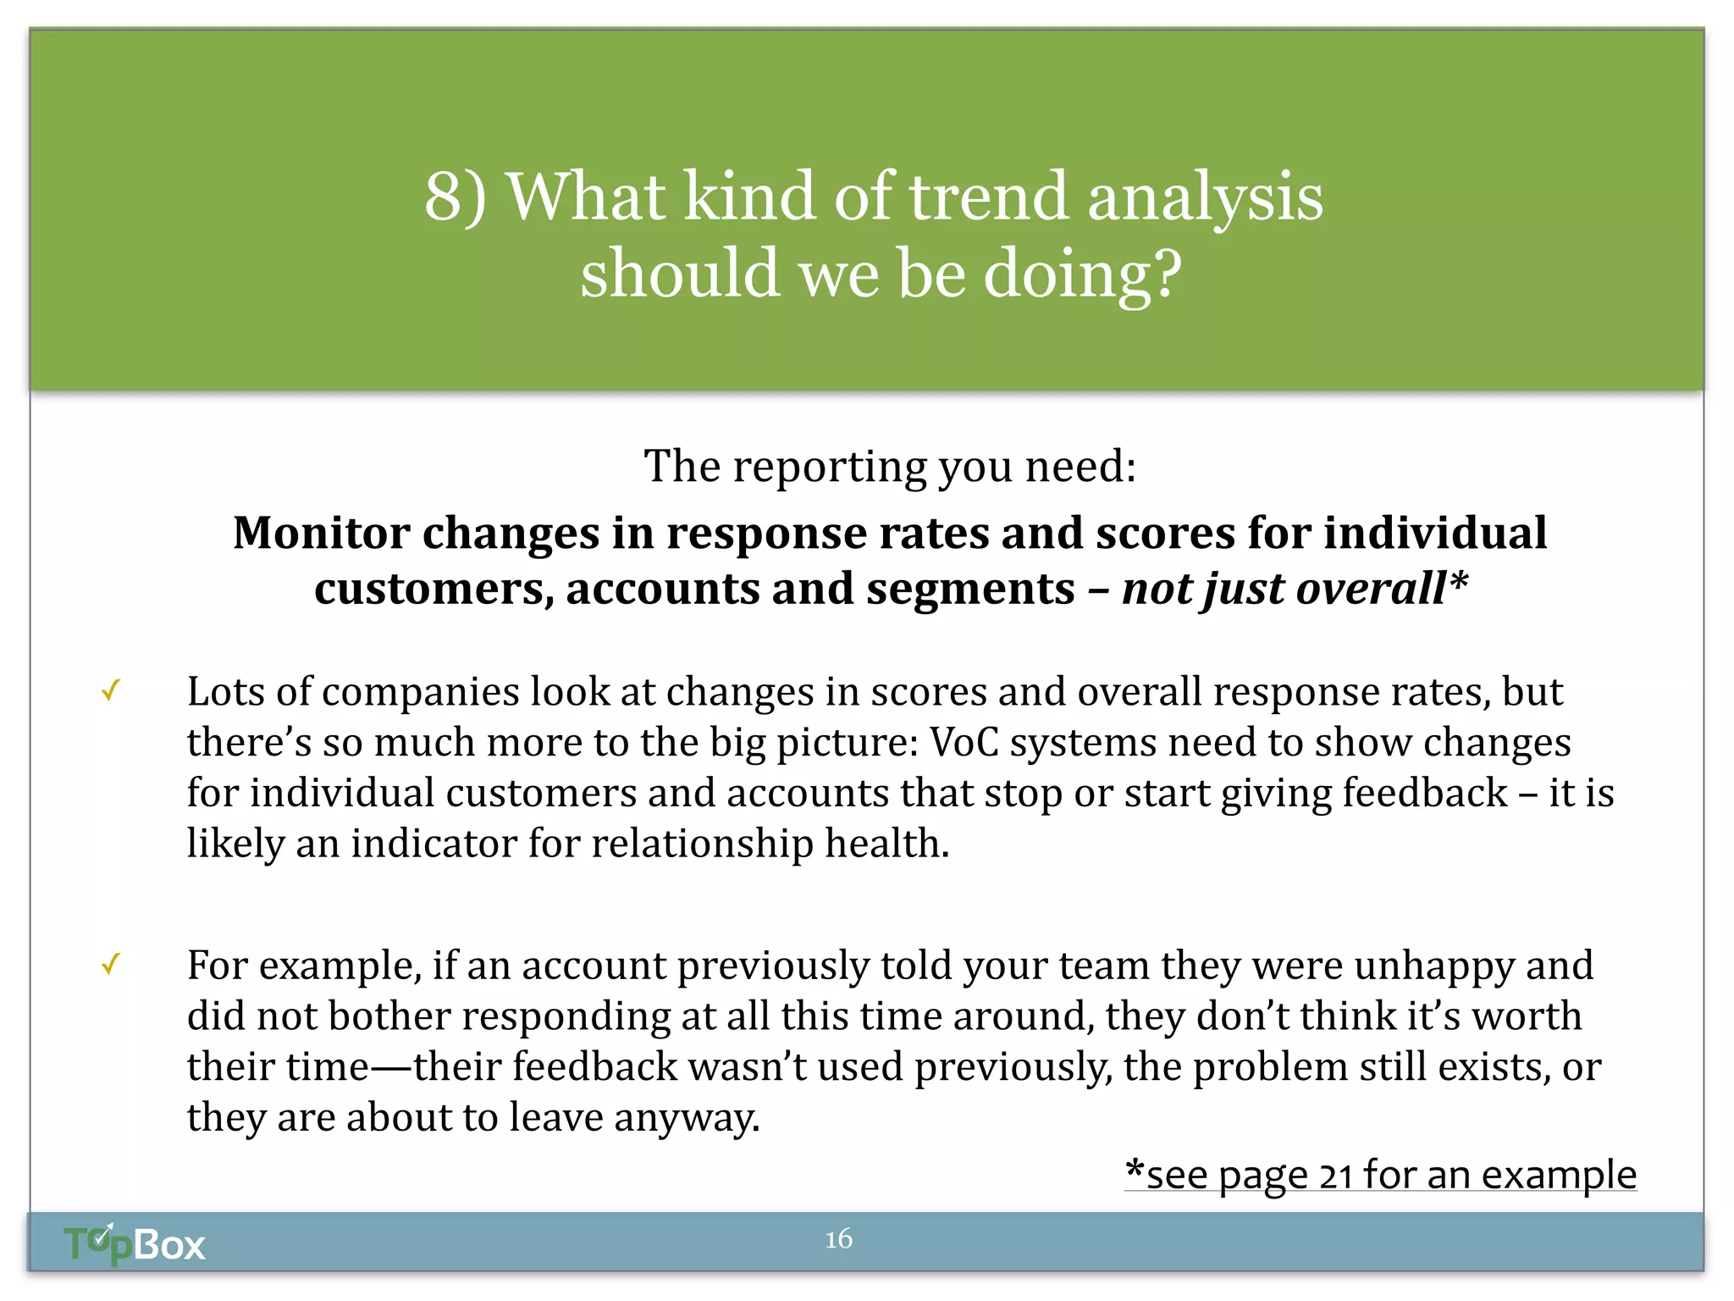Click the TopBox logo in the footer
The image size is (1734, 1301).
tap(135, 1243)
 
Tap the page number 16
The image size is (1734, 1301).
tap(838, 1239)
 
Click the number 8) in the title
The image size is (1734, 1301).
tap(456, 197)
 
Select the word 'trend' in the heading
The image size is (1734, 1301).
tap(988, 197)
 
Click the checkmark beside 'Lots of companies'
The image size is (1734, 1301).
tap(111, 691)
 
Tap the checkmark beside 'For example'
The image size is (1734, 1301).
tap(111, 964)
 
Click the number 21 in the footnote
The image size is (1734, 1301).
tap(1335, 1176)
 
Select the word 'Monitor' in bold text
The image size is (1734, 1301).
tap(322, 534)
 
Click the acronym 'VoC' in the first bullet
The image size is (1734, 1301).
tap(964, 743)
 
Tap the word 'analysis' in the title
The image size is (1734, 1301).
tap(1205, 197)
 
